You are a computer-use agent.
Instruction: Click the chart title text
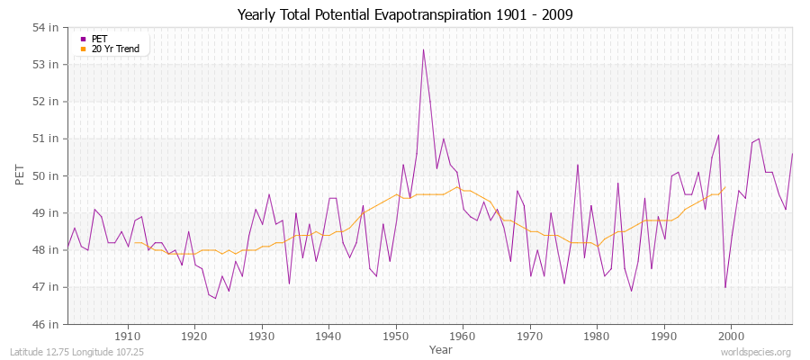405,14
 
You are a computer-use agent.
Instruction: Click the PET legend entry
99,39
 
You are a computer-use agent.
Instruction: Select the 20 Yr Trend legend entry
115,49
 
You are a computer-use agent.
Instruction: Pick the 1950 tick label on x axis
396,336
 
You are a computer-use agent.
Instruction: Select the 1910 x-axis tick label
128,336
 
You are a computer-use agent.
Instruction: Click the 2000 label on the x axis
731,336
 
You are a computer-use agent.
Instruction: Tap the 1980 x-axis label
597,336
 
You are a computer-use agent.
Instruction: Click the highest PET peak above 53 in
423,49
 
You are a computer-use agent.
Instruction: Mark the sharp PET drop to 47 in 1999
724,287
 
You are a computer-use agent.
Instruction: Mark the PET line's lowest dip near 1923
215,298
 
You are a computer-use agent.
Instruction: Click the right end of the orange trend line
724,187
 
